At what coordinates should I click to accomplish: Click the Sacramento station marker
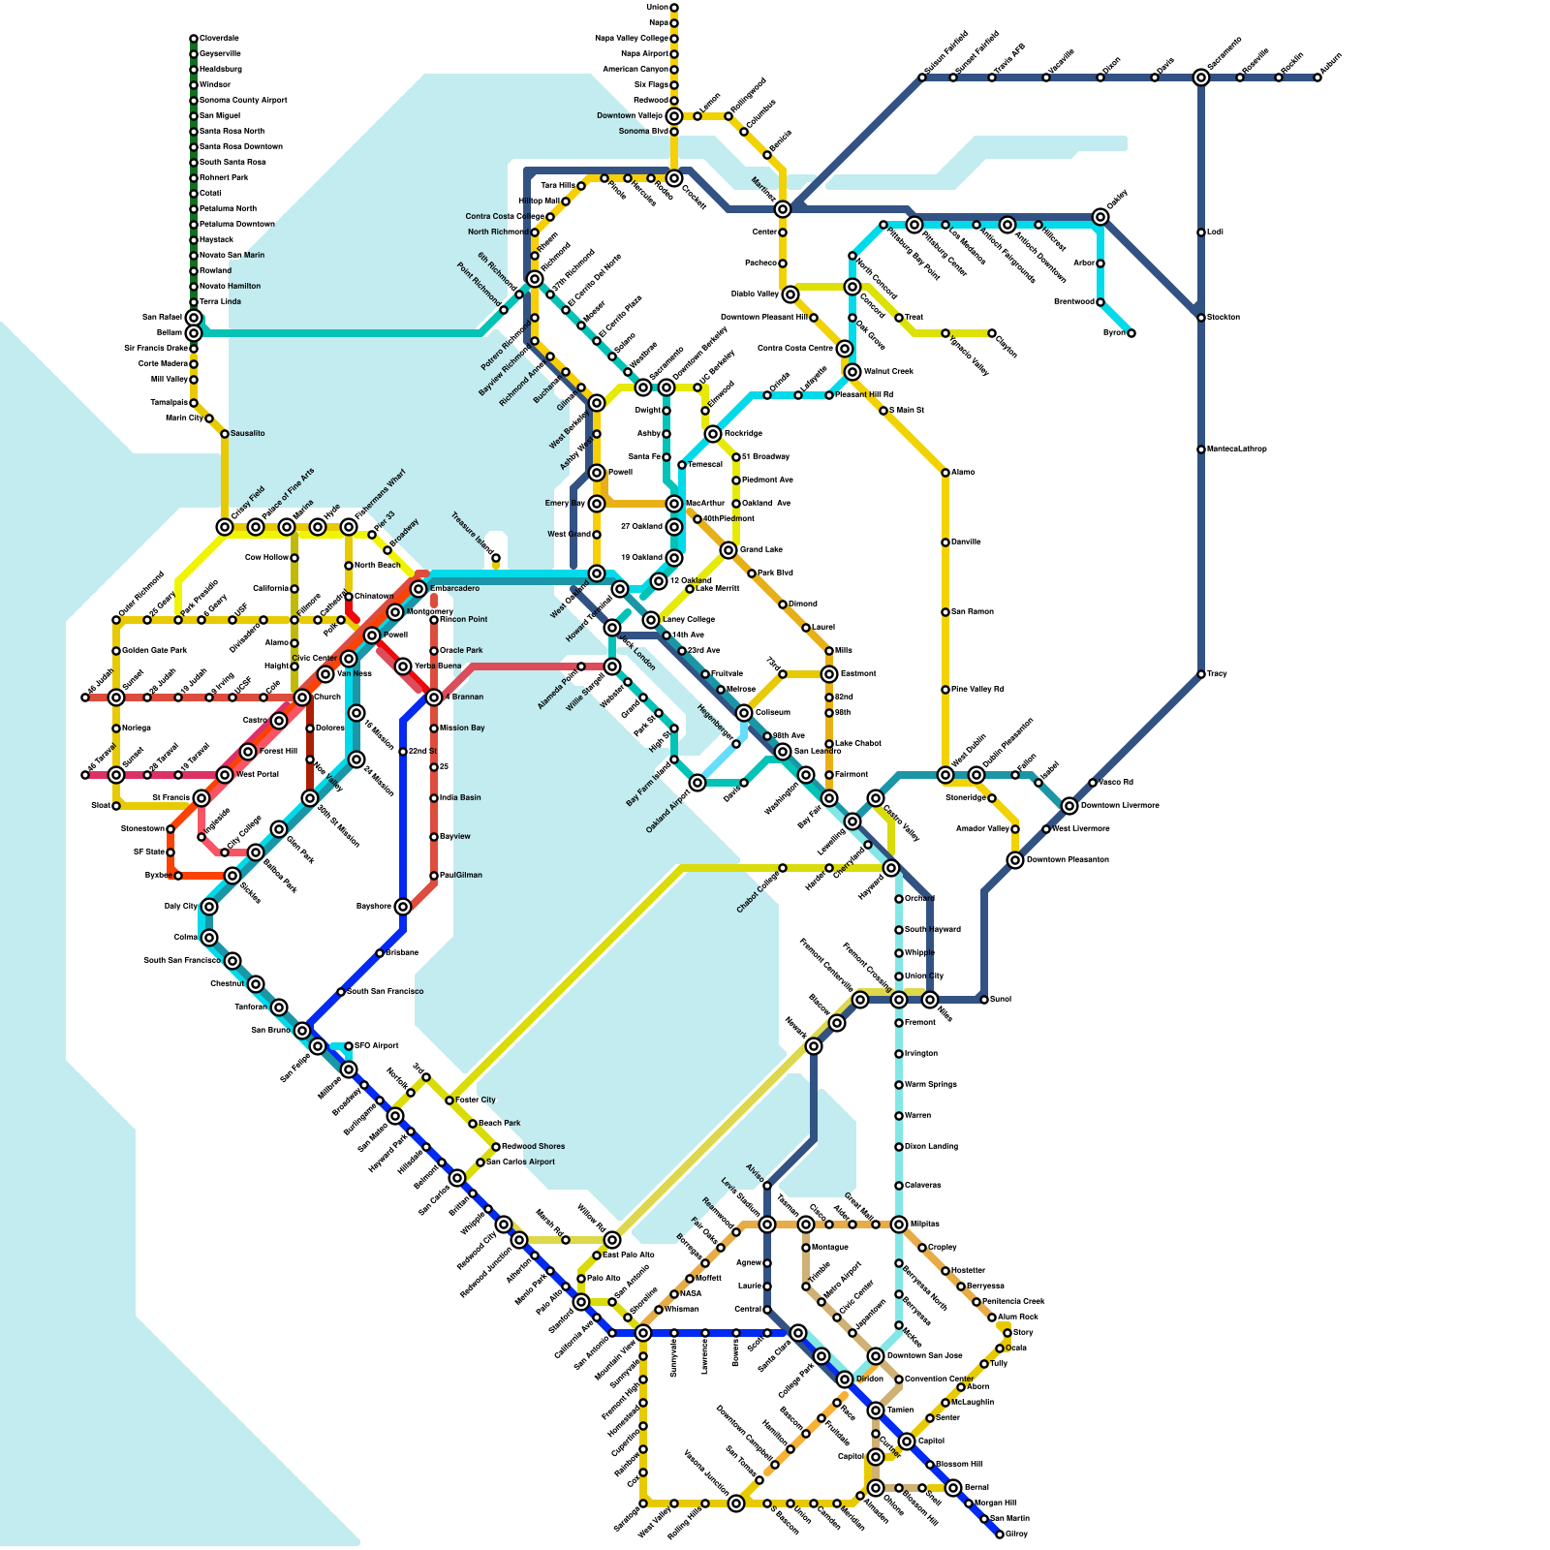coord(1201,77)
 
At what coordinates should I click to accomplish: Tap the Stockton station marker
coord(1201,318)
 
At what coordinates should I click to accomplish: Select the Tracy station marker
coord(1201,674)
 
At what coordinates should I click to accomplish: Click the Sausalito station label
coord(248,434)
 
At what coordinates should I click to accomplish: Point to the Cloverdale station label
coord(220,39)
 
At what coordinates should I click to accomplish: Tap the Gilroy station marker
coord(1000,1534)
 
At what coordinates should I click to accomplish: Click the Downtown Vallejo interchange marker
coord(674,116)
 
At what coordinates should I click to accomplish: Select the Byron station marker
coord(1131,333)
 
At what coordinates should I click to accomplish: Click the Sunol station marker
coord(984,1000)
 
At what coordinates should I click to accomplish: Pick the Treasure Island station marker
coord(496,558)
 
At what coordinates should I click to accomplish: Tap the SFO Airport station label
coord(377,1046)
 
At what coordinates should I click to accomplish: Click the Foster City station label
coord(476,1100)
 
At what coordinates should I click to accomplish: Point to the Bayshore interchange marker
coord(403,907)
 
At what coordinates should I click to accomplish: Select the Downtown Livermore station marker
coord(1069,806)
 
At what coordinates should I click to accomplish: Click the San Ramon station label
coord(973,612)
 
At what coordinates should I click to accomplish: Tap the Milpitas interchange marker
coord(899,1224)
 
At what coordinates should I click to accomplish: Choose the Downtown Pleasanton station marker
coord(1015,860)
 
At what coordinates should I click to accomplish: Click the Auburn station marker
coord(1317,77)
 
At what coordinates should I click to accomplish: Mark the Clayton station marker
coord(992,333)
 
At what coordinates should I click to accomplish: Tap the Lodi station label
coord(1215,232)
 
